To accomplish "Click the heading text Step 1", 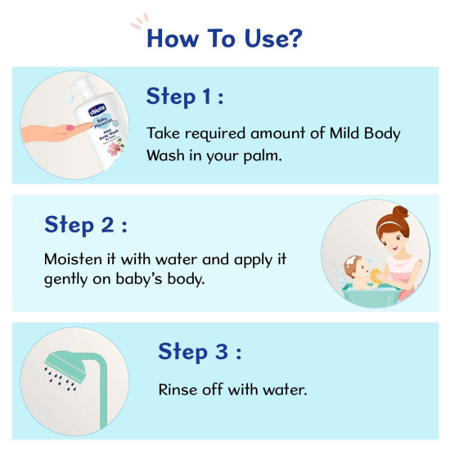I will (x=185, y=97).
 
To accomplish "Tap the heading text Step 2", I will (x=85, y=224).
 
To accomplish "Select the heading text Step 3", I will (x=199, y=352).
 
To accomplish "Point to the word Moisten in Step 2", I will (x=74, y=259).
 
